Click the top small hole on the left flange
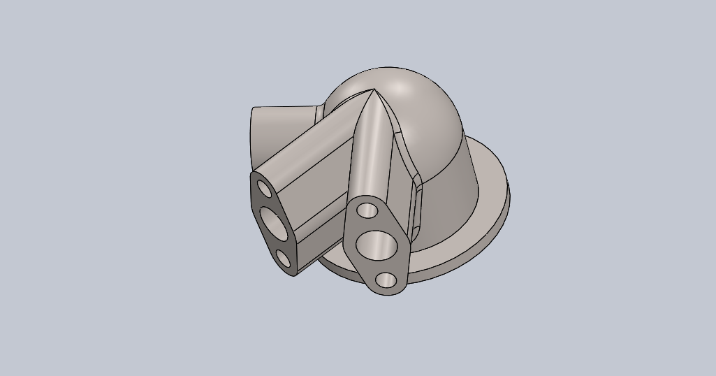[265, 188]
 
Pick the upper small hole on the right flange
[367, 210]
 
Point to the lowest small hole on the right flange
[386, 280]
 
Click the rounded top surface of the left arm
[307, 150]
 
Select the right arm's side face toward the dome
[398, 168]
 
